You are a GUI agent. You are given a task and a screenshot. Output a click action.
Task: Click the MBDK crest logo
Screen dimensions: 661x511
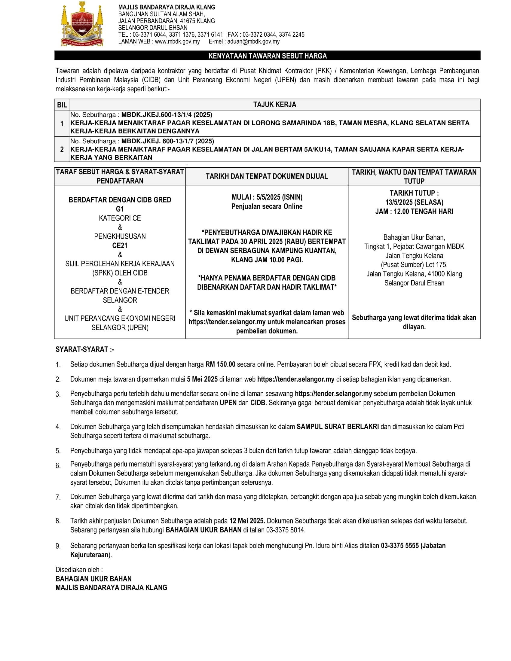coord(82,24)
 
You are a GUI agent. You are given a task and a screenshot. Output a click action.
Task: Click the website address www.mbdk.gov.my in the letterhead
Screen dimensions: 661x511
coord(177,41)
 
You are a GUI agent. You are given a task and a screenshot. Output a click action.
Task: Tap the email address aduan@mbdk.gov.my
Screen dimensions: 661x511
coord(253,41)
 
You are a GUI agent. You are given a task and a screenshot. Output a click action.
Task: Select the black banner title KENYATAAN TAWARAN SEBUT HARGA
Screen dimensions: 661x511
coord(267,56)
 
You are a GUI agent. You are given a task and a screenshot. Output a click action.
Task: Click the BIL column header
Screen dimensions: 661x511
coord(62,105)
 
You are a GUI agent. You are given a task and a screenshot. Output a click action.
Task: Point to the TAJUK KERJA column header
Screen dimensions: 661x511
coord(274,105)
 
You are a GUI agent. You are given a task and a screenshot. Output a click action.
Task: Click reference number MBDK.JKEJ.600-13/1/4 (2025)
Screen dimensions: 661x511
coord(167,115)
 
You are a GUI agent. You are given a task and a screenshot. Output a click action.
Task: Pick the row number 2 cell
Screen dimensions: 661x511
coord(62,149)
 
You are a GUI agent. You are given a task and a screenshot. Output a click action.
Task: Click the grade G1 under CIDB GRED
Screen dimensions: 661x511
coord(120,209)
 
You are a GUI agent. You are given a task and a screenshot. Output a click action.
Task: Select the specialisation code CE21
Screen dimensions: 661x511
coord(120,245)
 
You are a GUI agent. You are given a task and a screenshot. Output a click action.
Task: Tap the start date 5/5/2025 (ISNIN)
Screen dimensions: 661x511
coord(279,197)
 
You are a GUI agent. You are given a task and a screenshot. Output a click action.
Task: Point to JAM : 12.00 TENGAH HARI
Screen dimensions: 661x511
coord(414,211)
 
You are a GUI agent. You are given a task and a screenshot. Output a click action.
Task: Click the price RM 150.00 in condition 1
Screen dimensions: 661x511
coord(220,364)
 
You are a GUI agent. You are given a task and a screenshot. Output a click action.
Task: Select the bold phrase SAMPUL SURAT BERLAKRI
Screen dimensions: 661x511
coord(338,427)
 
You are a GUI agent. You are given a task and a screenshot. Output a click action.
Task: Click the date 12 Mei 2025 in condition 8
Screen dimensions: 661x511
coord(247,521)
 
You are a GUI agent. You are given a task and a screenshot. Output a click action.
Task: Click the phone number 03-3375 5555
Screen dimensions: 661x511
coord(399,546)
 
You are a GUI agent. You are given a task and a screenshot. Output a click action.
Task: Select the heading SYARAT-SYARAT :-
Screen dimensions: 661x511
coord(85,349)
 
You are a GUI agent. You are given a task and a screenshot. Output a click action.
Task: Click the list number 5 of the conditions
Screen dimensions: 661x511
coord(58,451)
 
